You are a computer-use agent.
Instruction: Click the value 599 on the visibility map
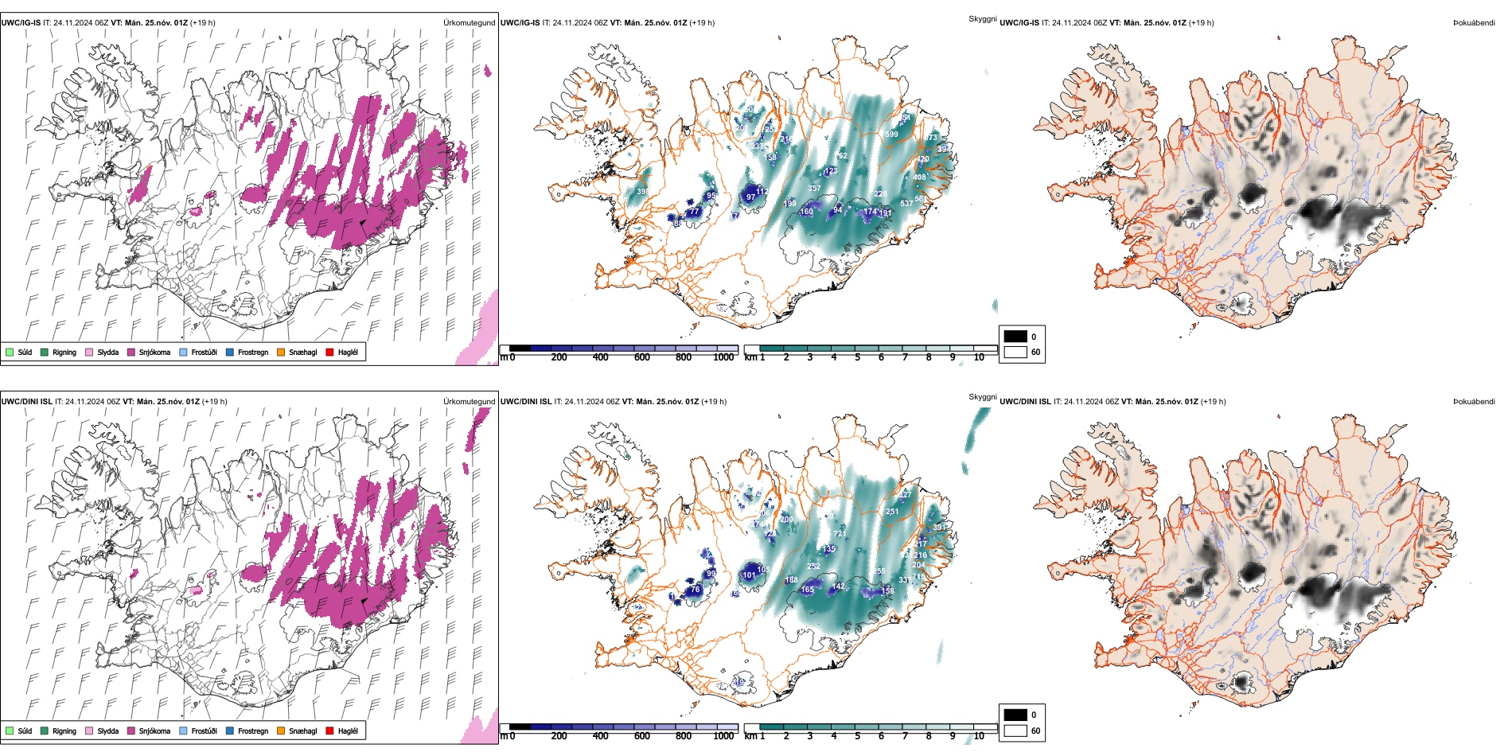[x=891, y=134]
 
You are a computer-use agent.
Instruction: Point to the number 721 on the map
[x=840, y=534]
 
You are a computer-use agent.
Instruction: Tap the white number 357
[x=814, y=189]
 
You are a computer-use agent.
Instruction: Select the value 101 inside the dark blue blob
[x=749, y=575]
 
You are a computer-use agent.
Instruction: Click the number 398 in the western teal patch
[x=641, y=192]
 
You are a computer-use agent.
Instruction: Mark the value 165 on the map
[x=807, y=590]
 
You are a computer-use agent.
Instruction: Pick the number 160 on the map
[x=806, y=212]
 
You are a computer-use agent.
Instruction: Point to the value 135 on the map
[x=829, y=549]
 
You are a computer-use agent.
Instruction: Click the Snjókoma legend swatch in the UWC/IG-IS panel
[x=131, y=352]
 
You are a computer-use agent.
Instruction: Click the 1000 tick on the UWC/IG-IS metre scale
[x=723, y=357]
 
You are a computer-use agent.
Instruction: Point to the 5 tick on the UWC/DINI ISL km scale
[x=857, y=736]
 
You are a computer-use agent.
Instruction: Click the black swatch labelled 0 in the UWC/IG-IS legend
[x=1015, y=337]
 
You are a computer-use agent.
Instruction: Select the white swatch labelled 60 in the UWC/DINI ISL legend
[x=1015, y=730]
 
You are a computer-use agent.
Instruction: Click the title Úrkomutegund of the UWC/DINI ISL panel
[x=469, y=402]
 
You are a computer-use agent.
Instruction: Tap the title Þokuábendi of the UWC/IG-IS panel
[x=1474, y=23]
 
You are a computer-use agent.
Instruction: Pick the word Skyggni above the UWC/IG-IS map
[x=982, y=18]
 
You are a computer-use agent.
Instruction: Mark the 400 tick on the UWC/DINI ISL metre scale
[x=601, y=736]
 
